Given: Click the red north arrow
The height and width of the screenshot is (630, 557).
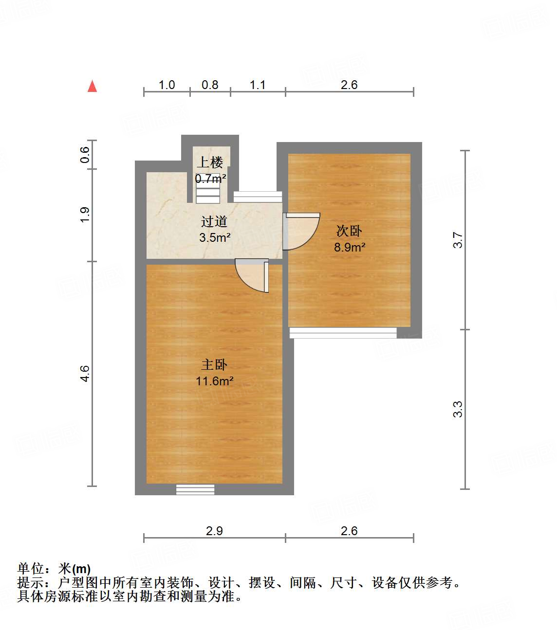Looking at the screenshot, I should pos(92,86).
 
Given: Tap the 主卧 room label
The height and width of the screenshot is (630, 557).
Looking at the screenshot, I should pos(214,364).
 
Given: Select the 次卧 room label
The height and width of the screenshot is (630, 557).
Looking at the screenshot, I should pos(349,231).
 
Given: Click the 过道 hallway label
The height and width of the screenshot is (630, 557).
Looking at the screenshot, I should pos(214,222).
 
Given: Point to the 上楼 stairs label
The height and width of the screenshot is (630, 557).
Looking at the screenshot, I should pos(210,162).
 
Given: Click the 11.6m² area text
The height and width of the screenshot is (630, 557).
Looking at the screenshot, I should pos(214,381).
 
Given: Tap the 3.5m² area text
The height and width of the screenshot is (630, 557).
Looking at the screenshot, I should pos(214,238).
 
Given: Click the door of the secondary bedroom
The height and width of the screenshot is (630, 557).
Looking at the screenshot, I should pos(301,231).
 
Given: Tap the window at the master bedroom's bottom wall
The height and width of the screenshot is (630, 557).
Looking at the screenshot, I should pos(195,489).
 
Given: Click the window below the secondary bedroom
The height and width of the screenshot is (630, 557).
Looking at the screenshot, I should pos(343,333).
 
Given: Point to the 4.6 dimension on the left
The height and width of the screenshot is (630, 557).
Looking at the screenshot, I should pos(85,374).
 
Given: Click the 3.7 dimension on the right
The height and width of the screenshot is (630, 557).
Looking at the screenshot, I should pos(458,240).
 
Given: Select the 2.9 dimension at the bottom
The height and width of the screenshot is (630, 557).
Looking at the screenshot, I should pos(214,531).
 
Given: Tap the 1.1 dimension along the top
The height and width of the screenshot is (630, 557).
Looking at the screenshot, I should pos(258,85).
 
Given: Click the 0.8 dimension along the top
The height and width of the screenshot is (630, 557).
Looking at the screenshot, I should pos(210,85).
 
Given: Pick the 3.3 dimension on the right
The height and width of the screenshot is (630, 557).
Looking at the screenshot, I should pos(458,409).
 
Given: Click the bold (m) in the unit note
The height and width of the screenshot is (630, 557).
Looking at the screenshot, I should pos(81,569).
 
